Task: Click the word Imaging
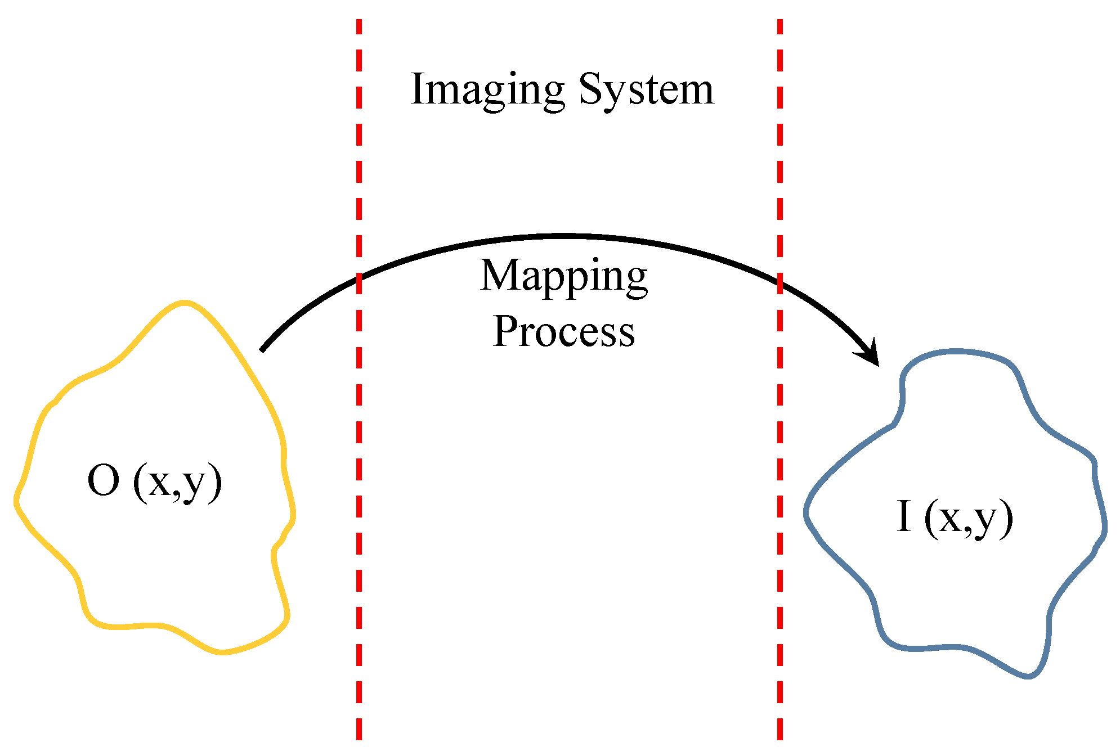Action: coord(487,90)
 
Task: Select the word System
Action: coord(646,90)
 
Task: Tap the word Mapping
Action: coord(563,277)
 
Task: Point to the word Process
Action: coord(563,332)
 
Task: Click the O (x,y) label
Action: coord(155,482)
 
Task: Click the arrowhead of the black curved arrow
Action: coord(870,354)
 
